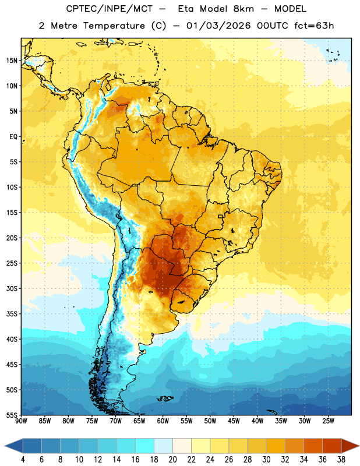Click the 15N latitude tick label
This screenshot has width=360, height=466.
12,61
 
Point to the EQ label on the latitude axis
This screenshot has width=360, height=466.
13,137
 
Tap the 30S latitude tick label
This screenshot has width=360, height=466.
12,288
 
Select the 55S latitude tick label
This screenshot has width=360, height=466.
12,415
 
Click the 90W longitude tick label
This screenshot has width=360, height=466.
21,421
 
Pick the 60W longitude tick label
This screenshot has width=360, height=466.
163,421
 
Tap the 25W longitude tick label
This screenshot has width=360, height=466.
328,421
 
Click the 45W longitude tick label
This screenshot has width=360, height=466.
234,421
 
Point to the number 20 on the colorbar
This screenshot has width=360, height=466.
172,460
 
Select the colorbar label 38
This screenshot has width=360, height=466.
341,460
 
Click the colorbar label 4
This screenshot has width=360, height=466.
23,460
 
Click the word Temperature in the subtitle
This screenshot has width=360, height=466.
114,26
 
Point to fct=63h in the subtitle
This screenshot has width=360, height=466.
314,26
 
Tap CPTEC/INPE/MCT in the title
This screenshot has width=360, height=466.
109,9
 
